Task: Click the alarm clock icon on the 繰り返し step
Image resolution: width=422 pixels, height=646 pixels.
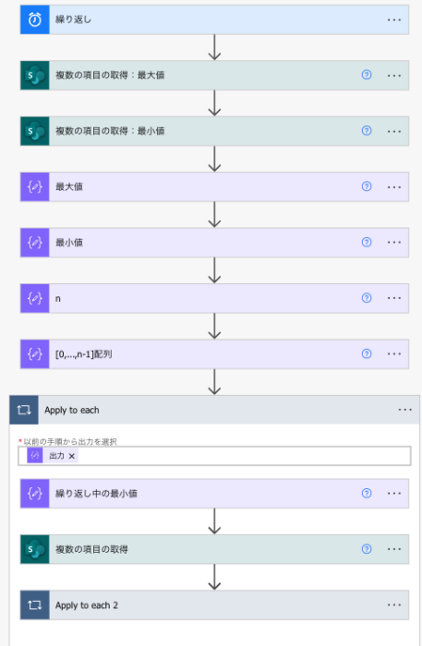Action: tap(34, 19)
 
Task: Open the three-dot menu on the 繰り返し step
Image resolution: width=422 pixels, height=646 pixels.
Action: tap(394, 19)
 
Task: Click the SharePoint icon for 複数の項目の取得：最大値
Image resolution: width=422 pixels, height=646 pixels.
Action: tap(34, 76)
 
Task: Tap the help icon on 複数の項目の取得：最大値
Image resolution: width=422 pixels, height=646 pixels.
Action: tap(367, 75)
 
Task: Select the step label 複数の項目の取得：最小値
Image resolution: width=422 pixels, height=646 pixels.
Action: tap(110, 131)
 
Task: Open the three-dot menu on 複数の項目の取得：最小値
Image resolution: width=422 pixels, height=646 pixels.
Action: tap(394, 131)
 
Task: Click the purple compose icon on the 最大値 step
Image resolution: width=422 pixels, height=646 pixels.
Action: tap(34, 186)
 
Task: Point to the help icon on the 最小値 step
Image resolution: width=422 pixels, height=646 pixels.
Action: tap(367, 242)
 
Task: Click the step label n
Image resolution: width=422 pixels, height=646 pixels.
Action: tap(57, 299)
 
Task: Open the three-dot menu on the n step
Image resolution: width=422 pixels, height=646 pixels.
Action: tap(394, 298)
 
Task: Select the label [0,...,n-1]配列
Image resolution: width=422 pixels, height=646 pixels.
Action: tap(84, 353)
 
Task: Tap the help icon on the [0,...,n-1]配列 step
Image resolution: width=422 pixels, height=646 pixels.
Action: tap(367, 353)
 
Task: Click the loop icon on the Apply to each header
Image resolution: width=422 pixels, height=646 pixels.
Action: tap(24, 410)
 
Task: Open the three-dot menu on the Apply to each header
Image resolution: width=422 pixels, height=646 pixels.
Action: tap(404, 410)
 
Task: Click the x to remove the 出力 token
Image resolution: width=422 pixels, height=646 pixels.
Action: tap(72, 456)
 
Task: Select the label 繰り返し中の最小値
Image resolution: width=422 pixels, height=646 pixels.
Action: tap(96, 494)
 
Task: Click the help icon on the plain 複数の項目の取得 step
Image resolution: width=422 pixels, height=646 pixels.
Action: tap(367, 549)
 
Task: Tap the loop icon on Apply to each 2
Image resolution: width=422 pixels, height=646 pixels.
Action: tap(34, 605)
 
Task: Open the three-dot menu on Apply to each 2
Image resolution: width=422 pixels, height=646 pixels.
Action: tap(394, 605)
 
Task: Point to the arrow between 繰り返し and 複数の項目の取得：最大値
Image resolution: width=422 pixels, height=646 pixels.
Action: tap(214, 47)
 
